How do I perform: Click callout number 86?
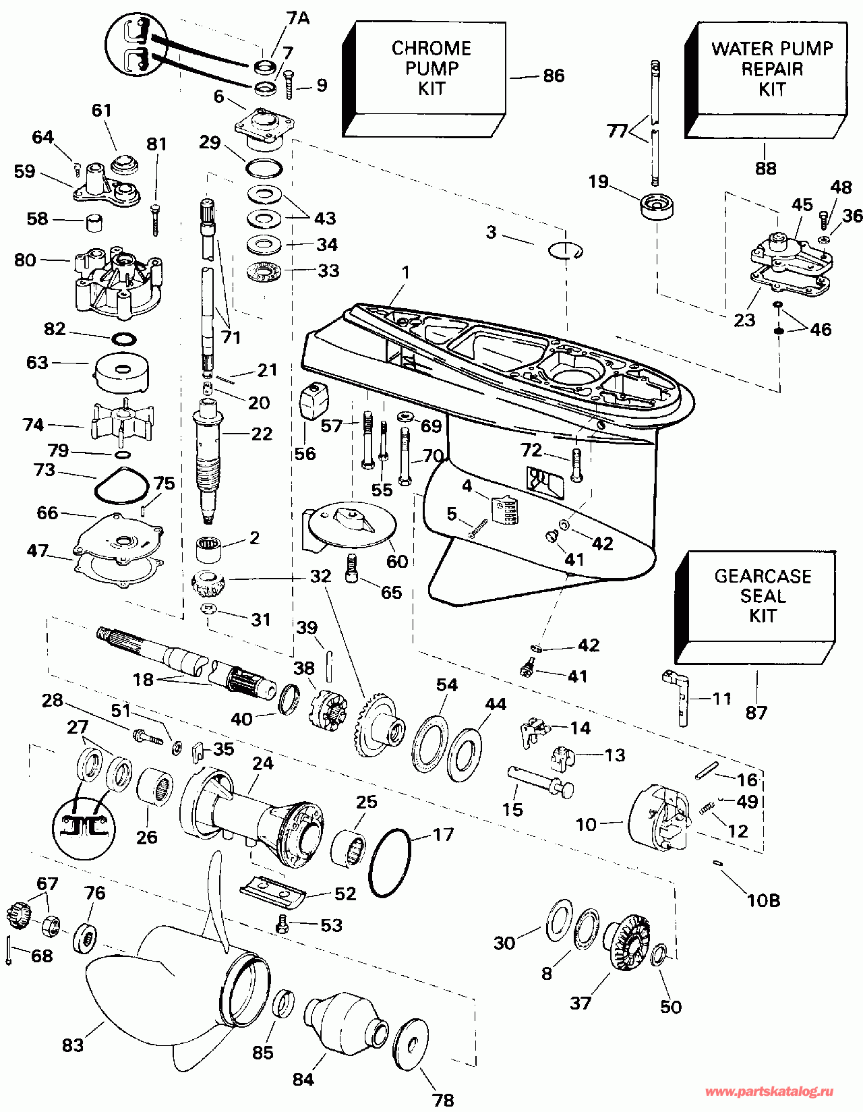tap(554, 76)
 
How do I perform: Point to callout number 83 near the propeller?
tap(72, 1045)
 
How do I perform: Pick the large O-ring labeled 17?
tap(390, 863)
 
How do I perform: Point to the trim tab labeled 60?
tap(351, 524)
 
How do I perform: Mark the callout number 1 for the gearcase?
tap(405, 272)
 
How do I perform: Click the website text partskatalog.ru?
tap(769, 1092)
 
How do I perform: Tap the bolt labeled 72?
tap(577, 465)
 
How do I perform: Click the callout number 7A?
tap(298, 18)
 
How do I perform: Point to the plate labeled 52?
tap(273, 892)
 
